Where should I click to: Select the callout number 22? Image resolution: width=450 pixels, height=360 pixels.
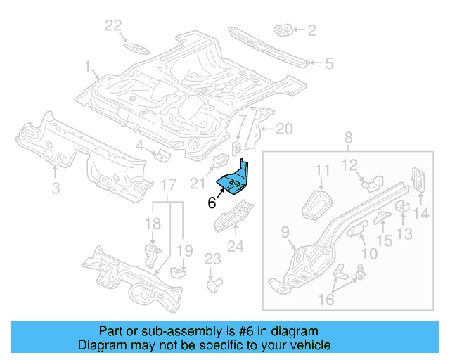[113, 27]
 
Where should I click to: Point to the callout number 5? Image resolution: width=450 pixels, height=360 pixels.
[328, 64]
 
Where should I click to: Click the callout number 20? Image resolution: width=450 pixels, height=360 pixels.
[283, 129]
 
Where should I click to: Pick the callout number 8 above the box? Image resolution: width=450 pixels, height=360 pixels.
[347, 139]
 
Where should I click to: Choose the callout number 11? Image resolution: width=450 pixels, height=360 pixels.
[322, 170]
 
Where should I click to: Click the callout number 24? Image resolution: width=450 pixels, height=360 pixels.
[235, 246]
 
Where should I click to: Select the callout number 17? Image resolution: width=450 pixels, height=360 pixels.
[167, 185]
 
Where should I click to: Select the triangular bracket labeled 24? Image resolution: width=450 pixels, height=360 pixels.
[233, 214]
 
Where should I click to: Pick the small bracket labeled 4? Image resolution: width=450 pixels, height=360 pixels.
[160, 154]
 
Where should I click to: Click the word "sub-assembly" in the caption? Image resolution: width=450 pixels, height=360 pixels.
[183, 330]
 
